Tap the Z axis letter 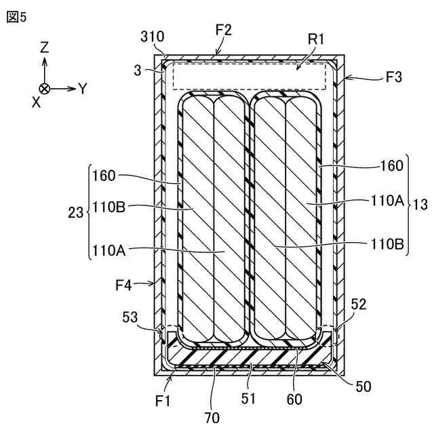click(44, 47)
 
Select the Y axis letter click(83, 88)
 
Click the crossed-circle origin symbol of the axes click(44, 89)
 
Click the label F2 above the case click(223, 29)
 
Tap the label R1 click(315, 39)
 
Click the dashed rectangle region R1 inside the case click(249, 75)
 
